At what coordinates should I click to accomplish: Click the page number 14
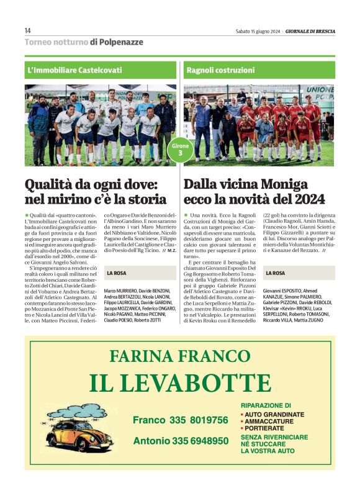[27, 30]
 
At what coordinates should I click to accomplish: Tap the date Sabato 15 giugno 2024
[258, 31]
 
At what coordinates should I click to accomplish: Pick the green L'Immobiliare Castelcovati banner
[102, 70]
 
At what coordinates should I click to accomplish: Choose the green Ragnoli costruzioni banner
[259, 70]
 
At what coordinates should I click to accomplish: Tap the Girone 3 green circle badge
[181, 149]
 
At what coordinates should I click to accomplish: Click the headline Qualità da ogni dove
[96, 191]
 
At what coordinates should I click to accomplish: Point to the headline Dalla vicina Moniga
[254, 191]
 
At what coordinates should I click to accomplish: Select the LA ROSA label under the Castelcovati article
[117, 273]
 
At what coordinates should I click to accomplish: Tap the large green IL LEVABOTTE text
[179, 384]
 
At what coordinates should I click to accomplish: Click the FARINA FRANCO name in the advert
[179, 356]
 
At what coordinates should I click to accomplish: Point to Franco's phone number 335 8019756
[180, 420]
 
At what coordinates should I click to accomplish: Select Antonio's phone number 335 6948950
[181, 441]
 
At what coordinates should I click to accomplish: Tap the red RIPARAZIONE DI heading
[266, 405]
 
